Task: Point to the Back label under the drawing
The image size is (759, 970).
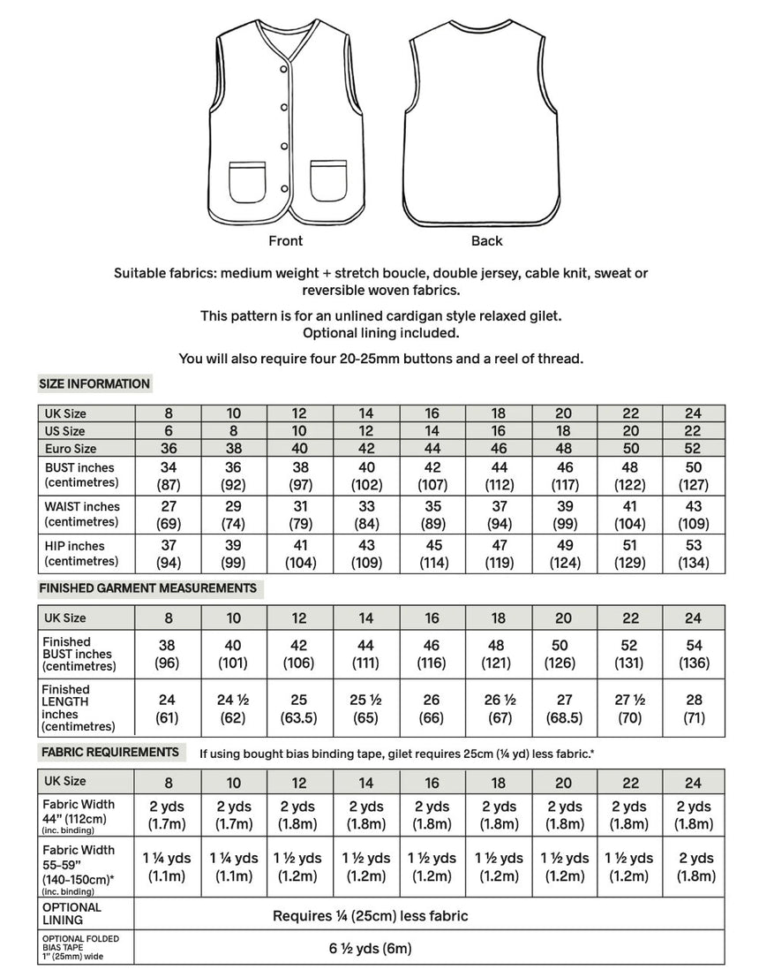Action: point(486,240)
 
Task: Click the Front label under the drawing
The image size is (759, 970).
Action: point(285,240)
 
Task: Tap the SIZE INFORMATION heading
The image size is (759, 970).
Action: point(94,384)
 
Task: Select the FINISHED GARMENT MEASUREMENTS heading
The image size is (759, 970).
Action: point(147,587)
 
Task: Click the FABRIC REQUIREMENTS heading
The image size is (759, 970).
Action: point(109,752)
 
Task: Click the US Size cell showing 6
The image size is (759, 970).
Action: point(168,430)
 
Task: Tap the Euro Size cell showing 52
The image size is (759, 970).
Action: point(693,448)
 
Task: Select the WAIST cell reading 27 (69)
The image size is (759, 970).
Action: point(168,515)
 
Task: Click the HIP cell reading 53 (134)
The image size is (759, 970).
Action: point(693,554)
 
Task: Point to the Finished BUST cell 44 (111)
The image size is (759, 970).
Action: point(365,655)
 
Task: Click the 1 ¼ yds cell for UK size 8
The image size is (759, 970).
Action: point(168,867)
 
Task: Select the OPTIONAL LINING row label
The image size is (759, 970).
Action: point(71,914)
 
